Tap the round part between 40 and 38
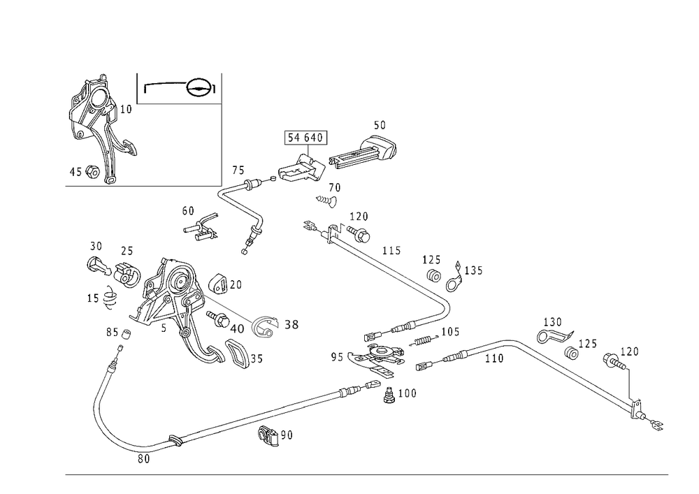pos(264,328)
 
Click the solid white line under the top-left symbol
pos(179,102)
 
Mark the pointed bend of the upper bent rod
pos(223,191)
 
